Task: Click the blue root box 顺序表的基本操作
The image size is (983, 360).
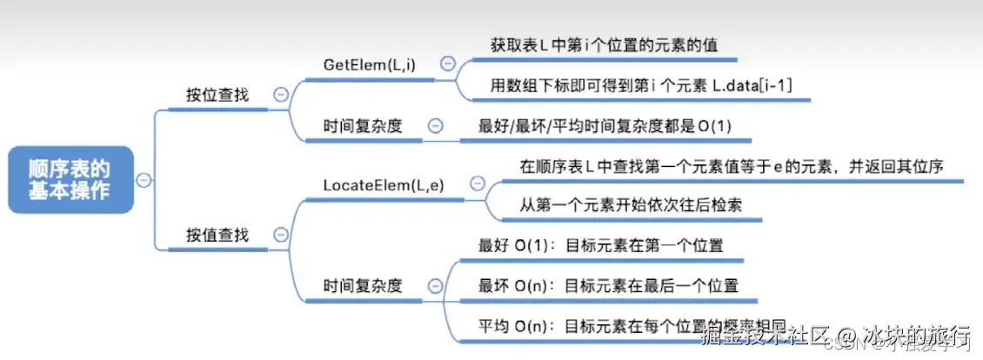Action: pos(70,179)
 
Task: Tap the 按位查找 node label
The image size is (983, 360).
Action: pos(217,95)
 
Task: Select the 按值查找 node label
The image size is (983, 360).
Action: pos(217,234)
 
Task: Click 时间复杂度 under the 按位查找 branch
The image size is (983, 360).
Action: pos(362,125)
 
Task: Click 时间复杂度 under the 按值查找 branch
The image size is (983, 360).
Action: pos(362,284)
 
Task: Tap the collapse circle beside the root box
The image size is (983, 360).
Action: pos(144,179)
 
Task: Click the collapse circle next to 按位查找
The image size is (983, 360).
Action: pos(280,95)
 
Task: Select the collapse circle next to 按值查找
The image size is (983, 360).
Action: pos(280,234)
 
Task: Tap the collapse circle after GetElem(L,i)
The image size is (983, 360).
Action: pos(447,63)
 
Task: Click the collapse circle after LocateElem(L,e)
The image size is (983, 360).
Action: pos(477,183)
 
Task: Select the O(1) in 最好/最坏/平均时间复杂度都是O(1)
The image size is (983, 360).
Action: pos(714,126)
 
